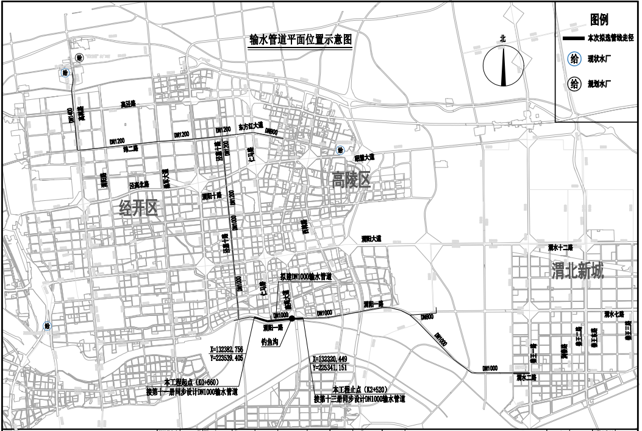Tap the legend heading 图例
pos(597,19)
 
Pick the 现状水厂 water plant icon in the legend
pos(574,59)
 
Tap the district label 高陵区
pos(351,178)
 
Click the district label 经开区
pos(138,209)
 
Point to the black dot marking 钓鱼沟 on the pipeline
pos(293,319)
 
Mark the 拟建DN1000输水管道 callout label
pos(305,276)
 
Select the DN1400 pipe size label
pos(71,114)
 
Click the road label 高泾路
pos(127,105)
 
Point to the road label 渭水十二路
pos(561,248)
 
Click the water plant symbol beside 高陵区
pos(340,149)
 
